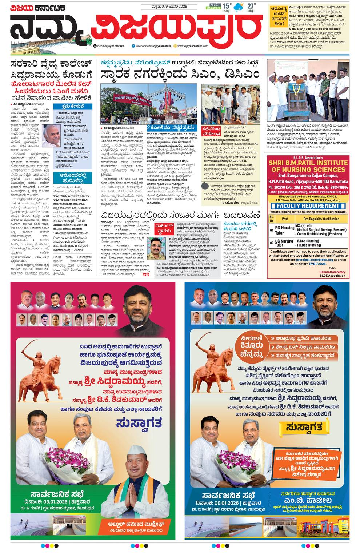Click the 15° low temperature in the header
click(x=227, y=6)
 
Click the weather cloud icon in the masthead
click(x=239, y=7)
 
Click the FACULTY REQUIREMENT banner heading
click(x=308, y=206)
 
